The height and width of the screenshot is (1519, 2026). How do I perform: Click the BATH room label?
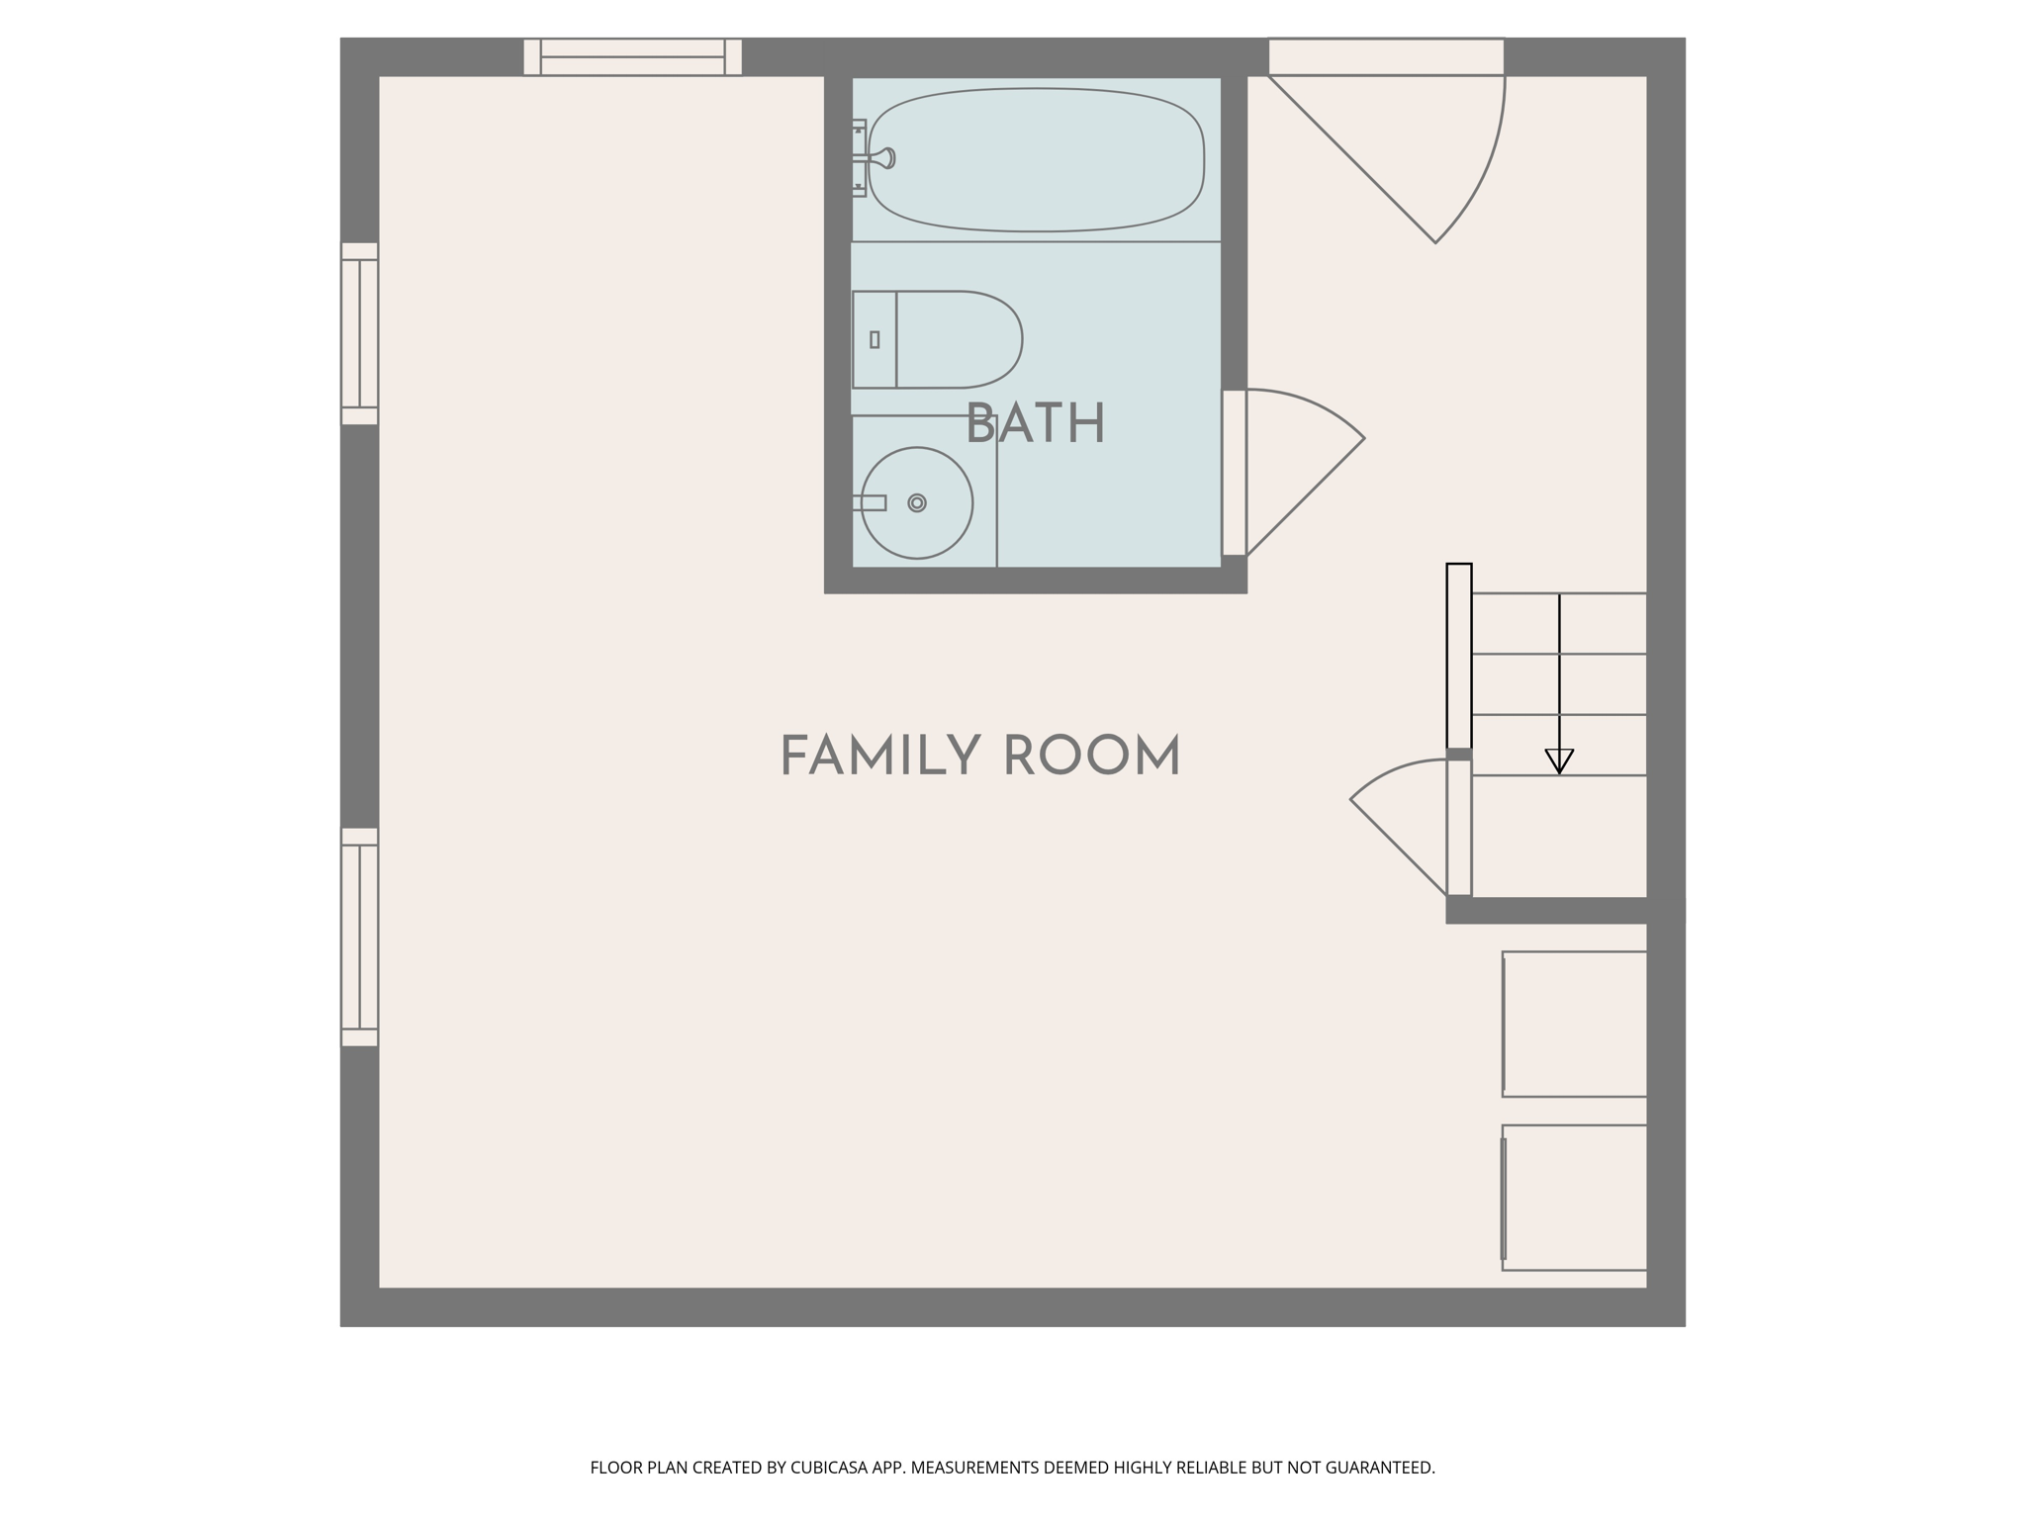1035,424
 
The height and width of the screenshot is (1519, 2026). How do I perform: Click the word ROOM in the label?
1092,757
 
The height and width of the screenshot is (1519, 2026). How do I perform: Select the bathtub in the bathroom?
1036,160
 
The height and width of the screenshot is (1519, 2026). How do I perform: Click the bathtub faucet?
875,158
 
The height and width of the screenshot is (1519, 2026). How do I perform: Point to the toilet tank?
875,339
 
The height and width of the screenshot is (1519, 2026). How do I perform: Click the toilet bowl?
959,339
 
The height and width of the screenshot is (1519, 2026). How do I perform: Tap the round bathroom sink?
917,503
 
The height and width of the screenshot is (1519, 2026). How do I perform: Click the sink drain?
917,503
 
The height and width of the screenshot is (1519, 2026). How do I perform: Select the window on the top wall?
633,57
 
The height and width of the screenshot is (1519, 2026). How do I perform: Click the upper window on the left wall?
360,333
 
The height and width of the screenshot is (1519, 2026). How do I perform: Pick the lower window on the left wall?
360,937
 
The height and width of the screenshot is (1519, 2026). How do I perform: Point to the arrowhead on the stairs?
1559,761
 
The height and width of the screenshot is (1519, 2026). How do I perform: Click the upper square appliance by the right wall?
1574,1024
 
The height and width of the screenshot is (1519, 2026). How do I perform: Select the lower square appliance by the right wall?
1574,1198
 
